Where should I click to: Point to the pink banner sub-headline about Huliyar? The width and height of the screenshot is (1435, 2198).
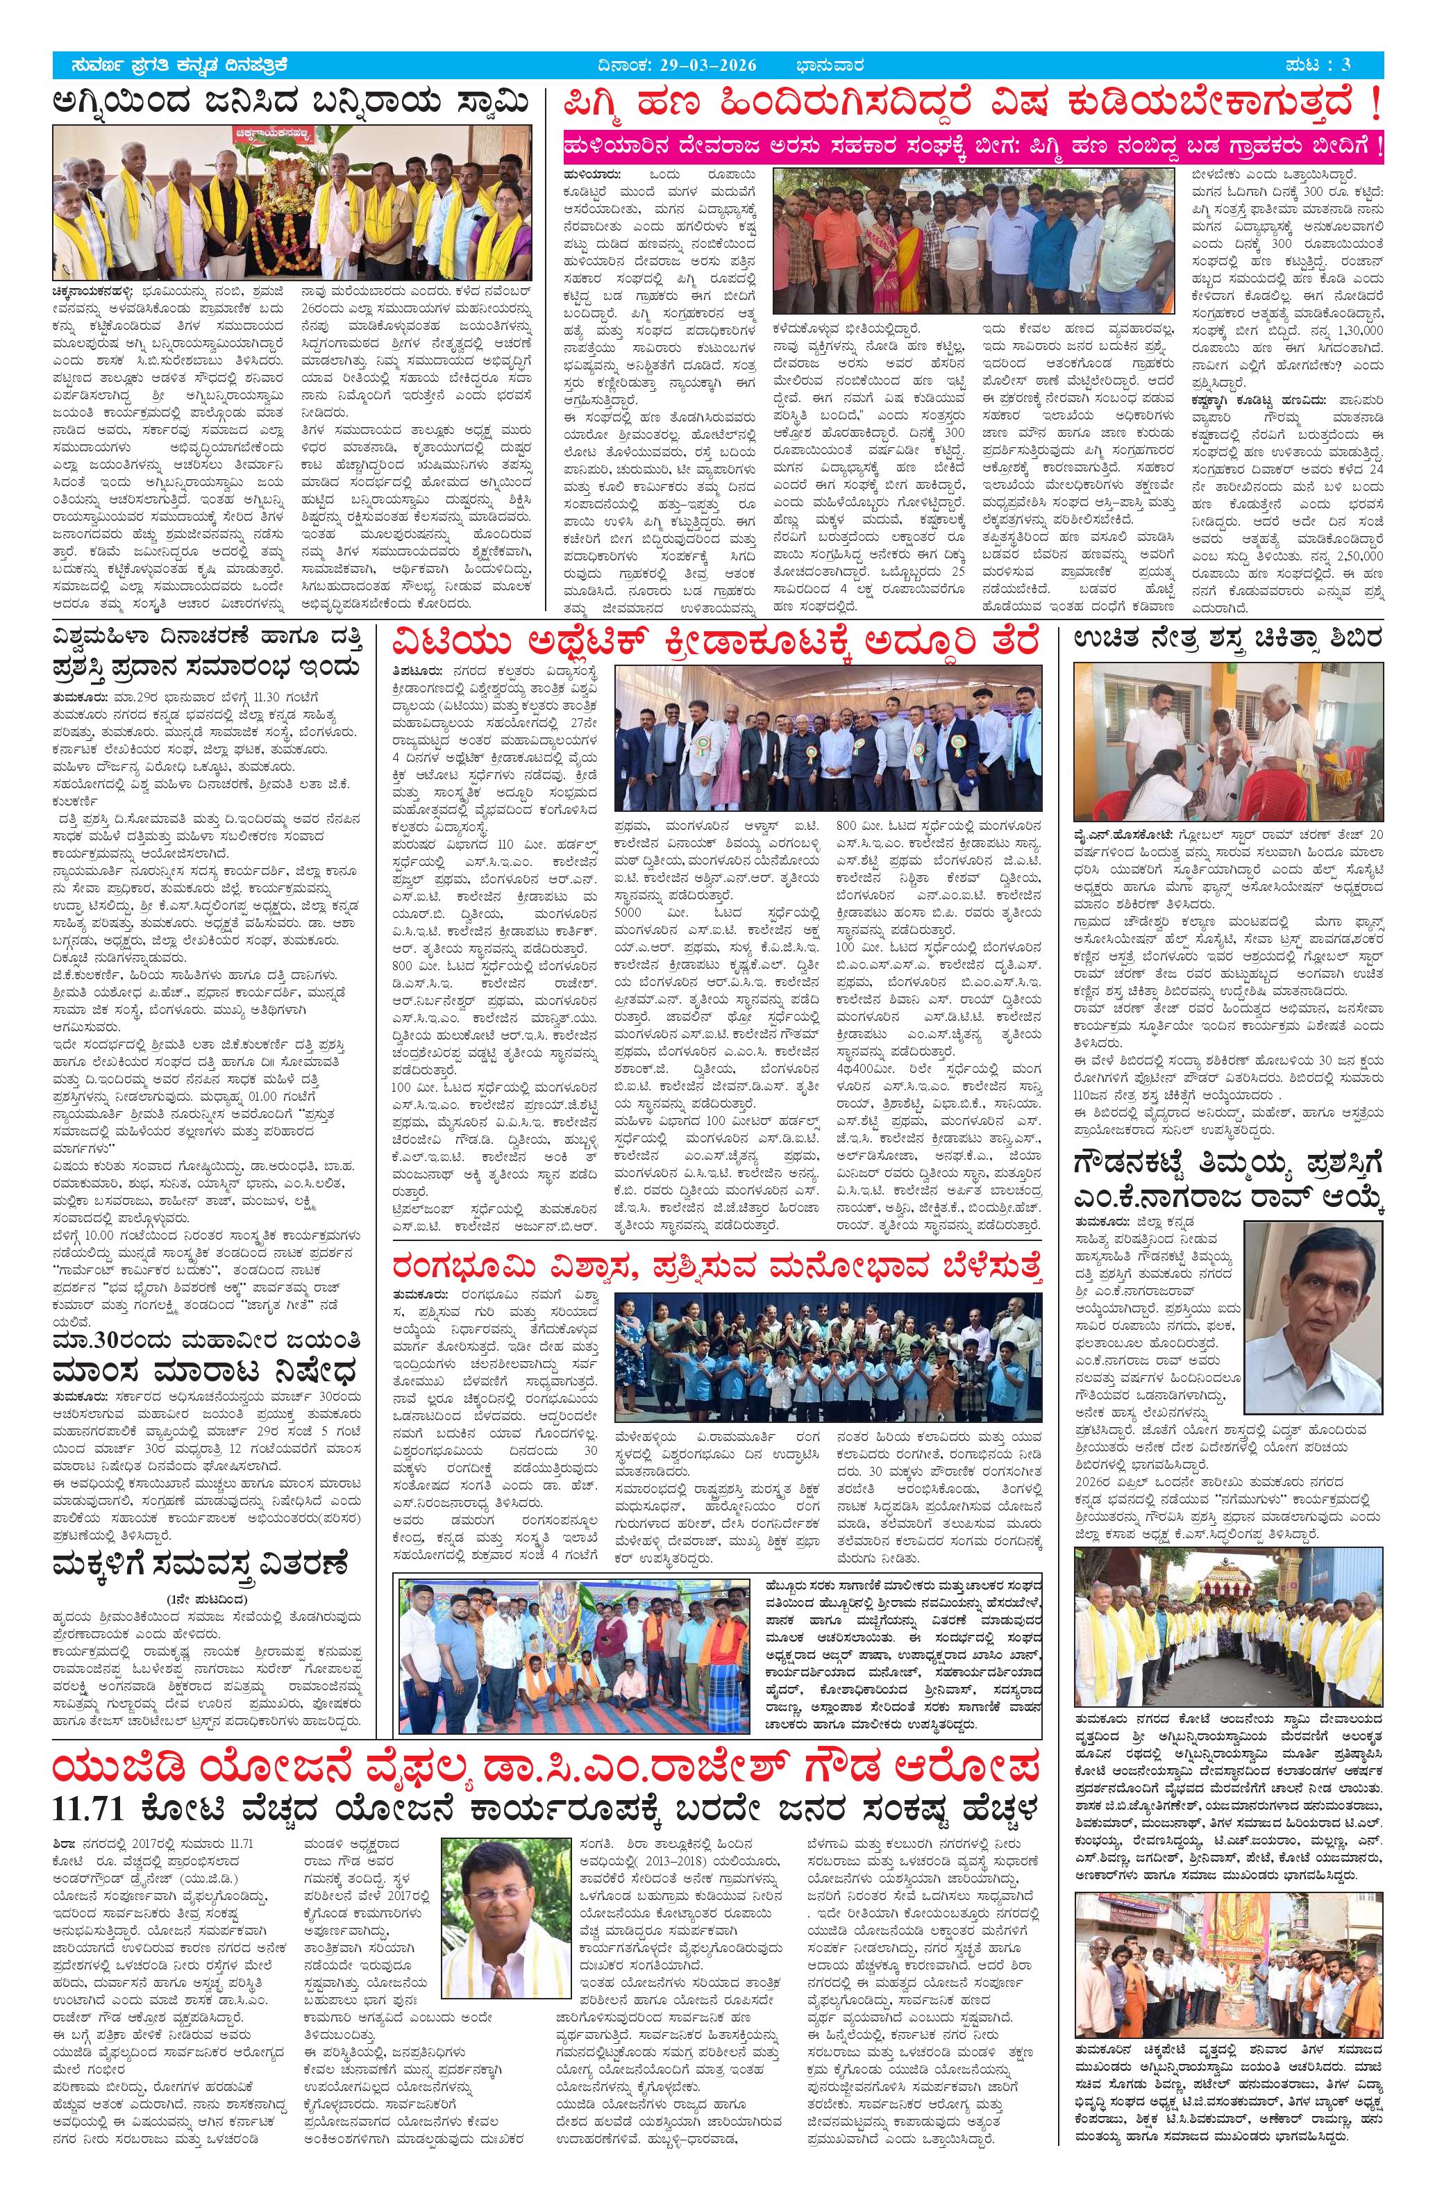pyautogui.click(x=974, y=147)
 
